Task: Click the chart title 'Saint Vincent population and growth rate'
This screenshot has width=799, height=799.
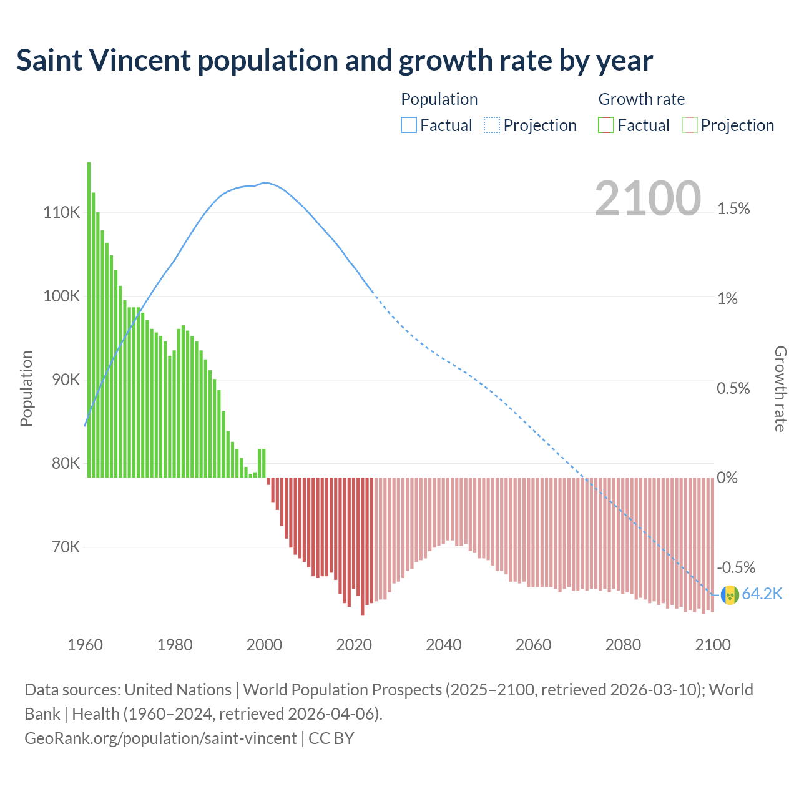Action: click(x=334, y=61)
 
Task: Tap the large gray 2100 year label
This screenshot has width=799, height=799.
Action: click(x=647, y=199)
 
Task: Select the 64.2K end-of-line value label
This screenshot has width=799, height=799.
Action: click(x=762, y=594)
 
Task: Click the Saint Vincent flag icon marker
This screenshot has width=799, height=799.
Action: click(x=730, y=595)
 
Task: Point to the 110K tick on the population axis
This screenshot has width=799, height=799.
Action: click(x=62, y=213)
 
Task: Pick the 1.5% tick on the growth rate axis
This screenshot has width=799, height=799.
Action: click(x=733, y=209)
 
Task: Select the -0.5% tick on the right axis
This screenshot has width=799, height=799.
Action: click(x=736, y=567)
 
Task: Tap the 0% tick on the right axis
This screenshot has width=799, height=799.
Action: click(x=727, y=478)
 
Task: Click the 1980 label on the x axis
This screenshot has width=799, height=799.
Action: click(x=175, y=645)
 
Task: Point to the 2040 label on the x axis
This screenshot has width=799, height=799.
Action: click(x=444, y=645)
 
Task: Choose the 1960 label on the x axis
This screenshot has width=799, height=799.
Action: click(x=85, y=645)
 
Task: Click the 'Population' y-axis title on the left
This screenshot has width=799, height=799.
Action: click(x=26, y=388)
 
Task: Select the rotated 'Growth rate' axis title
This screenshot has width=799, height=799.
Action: click(x=780, y=388)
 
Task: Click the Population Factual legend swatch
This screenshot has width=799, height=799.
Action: click(x=408, y=125)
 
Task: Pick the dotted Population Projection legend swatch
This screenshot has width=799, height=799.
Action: click(x=492, y=125)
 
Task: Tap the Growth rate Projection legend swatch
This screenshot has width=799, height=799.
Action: click(x=689, y=125)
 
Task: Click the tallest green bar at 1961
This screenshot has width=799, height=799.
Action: click(x=89, y=318)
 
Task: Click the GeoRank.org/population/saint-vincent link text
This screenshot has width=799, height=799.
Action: click(x=160, y=738)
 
